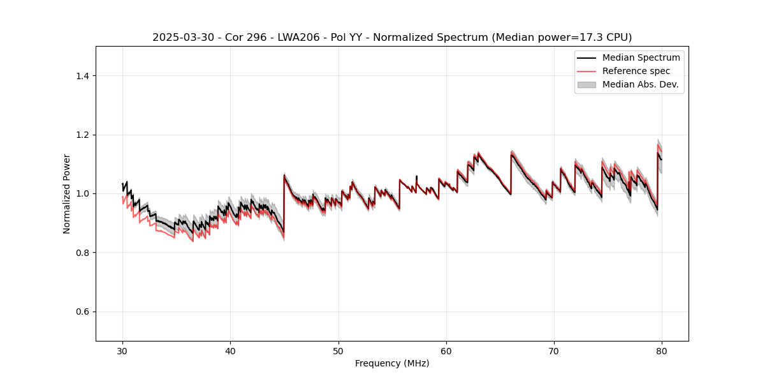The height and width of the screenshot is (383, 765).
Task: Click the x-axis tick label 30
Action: [x=123, y=351]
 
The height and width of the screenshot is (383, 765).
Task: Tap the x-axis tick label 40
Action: [x=231, y=351]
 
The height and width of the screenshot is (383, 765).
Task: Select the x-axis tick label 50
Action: [x=339, y=351]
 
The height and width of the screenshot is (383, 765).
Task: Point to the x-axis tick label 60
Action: [x=446, y=351]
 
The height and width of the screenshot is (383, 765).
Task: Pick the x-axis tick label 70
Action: [x=554, y=351]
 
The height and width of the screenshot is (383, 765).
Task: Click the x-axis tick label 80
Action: [x=662, y=351]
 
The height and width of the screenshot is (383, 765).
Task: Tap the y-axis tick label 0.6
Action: [x=83, y=312]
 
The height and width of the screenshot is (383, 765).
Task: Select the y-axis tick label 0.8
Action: [x=83, y=253]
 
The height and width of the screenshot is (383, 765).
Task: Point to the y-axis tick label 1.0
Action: [x=83, y=193]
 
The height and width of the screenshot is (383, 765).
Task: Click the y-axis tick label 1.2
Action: [x=83, y=135]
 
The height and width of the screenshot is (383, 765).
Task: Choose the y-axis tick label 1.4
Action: [x=83, y=76]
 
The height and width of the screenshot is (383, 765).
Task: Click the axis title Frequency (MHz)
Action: [x=392, y=364]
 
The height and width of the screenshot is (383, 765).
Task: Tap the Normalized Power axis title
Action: [x=67, y=193]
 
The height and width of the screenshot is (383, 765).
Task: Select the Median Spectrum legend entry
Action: [x=641, y=58]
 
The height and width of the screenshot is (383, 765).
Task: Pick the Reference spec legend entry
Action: [x=636, y=71]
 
